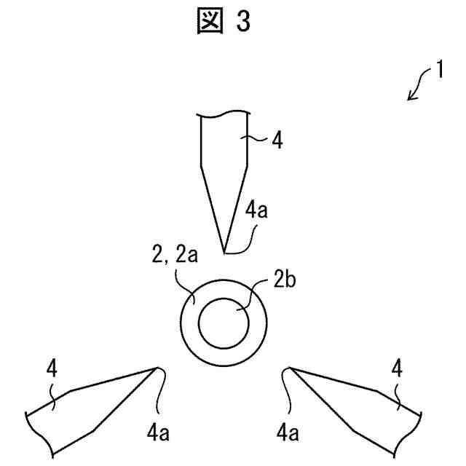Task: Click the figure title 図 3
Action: (223, 23)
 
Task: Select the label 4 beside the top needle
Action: (277, 140)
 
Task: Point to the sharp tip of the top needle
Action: (224, 253)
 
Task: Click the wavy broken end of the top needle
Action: (225, 115)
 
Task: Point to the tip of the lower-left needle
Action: (158, 367)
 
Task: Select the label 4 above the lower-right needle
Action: (397, 368)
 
